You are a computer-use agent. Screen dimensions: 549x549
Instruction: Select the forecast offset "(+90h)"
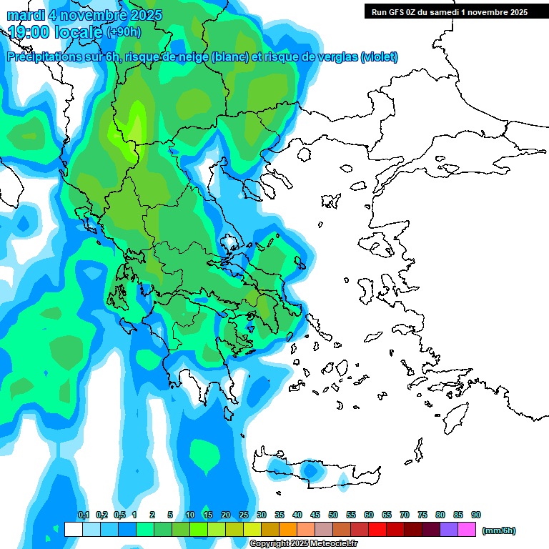(124, 31)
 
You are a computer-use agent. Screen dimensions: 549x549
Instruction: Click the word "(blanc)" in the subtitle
(228, 57)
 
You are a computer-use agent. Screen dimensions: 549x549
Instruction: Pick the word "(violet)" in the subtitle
(379, 57)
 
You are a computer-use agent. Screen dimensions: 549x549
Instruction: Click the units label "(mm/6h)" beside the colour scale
(498, 530)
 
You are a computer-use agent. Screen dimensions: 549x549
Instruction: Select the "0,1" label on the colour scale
(83, 515)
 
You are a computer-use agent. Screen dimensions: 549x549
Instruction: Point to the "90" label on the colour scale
(476, 515)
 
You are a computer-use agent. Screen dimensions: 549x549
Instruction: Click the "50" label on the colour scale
(333, 515)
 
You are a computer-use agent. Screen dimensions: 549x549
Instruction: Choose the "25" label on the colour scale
(244, 515)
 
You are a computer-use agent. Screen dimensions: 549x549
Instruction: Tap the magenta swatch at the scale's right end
(468, 530)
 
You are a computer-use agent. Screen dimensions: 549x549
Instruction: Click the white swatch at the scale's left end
(73, 530)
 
